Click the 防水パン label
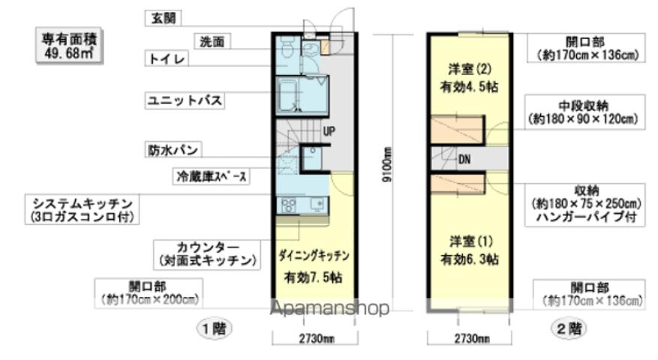point(172,151)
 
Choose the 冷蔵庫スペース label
point(211,177)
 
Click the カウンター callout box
point(207,254)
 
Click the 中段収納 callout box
point(582,111)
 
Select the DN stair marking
point(464,159)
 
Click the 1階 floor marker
point(214,328)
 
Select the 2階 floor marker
point(569,328)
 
